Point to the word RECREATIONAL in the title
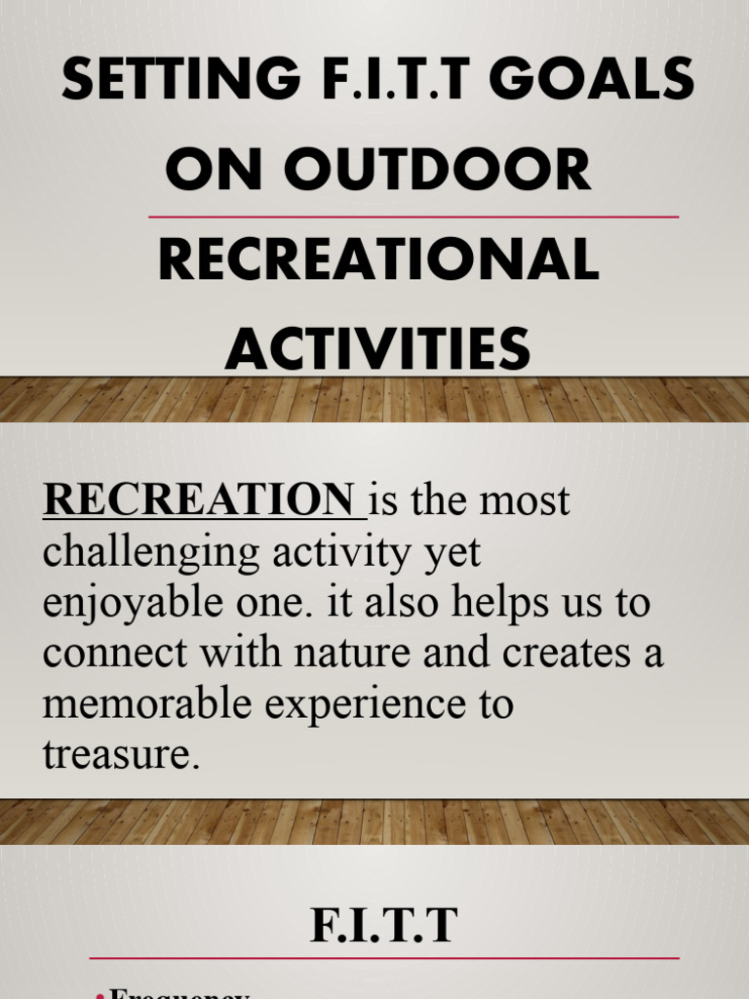[378, 260]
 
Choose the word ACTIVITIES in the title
[378, 348]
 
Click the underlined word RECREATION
[199, 500]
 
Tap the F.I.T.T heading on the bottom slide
[383, 926]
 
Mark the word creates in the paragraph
[564, 653]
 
